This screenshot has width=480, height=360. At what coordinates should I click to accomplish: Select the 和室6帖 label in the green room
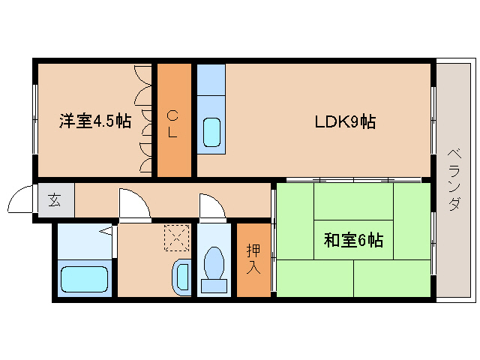(353, 241)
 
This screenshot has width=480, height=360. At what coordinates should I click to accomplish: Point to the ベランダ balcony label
(454, 180)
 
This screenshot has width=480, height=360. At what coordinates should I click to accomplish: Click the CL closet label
(173, 124)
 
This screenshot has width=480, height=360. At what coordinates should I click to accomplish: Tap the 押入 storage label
(253, 259)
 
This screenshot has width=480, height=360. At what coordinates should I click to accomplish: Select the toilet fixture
(215, 267)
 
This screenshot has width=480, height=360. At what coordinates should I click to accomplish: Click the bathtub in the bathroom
(85, 278)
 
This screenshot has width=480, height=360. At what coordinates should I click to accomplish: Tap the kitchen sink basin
(211, 133)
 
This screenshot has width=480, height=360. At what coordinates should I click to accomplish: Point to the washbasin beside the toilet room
(181, 276)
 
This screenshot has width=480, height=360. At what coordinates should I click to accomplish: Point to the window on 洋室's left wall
(34, 120)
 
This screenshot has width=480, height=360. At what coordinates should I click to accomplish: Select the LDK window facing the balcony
(433, 120)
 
